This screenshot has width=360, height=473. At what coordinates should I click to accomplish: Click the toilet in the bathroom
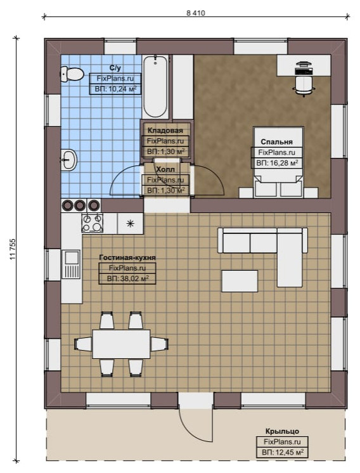tap(72, 74)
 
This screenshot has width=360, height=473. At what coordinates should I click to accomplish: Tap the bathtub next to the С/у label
tap(155, 86)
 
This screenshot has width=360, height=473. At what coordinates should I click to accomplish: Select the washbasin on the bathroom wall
tap(69, 159)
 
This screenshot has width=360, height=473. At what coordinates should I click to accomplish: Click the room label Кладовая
tap(165, 131)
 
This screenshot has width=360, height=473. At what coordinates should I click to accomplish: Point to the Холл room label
tap(165, 169)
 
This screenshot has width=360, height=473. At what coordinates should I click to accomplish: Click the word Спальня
tap(276, 142)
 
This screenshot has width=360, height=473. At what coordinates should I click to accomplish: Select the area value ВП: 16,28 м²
tap(277, 163)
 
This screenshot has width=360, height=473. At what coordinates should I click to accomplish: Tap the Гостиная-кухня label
tap(127, 257)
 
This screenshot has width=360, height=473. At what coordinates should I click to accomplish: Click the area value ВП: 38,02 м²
tap(127, 278)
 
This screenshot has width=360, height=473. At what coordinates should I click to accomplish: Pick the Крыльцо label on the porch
tap(282, 431)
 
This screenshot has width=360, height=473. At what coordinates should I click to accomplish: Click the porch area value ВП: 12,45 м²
tap(282, 453)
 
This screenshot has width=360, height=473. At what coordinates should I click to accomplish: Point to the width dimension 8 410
tap(196, 13)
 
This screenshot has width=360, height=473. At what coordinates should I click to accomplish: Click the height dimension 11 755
tap(13, 249)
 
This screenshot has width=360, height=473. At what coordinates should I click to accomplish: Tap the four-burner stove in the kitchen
tap(92, 223)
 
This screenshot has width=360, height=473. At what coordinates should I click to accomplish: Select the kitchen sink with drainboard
tap(71, 264)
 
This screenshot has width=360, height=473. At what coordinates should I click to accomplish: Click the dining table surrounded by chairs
tap(121, 344)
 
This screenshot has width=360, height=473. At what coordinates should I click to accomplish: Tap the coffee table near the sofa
tap(240, 281)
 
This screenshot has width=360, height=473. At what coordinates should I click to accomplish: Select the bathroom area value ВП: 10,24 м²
tap(115, 89)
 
